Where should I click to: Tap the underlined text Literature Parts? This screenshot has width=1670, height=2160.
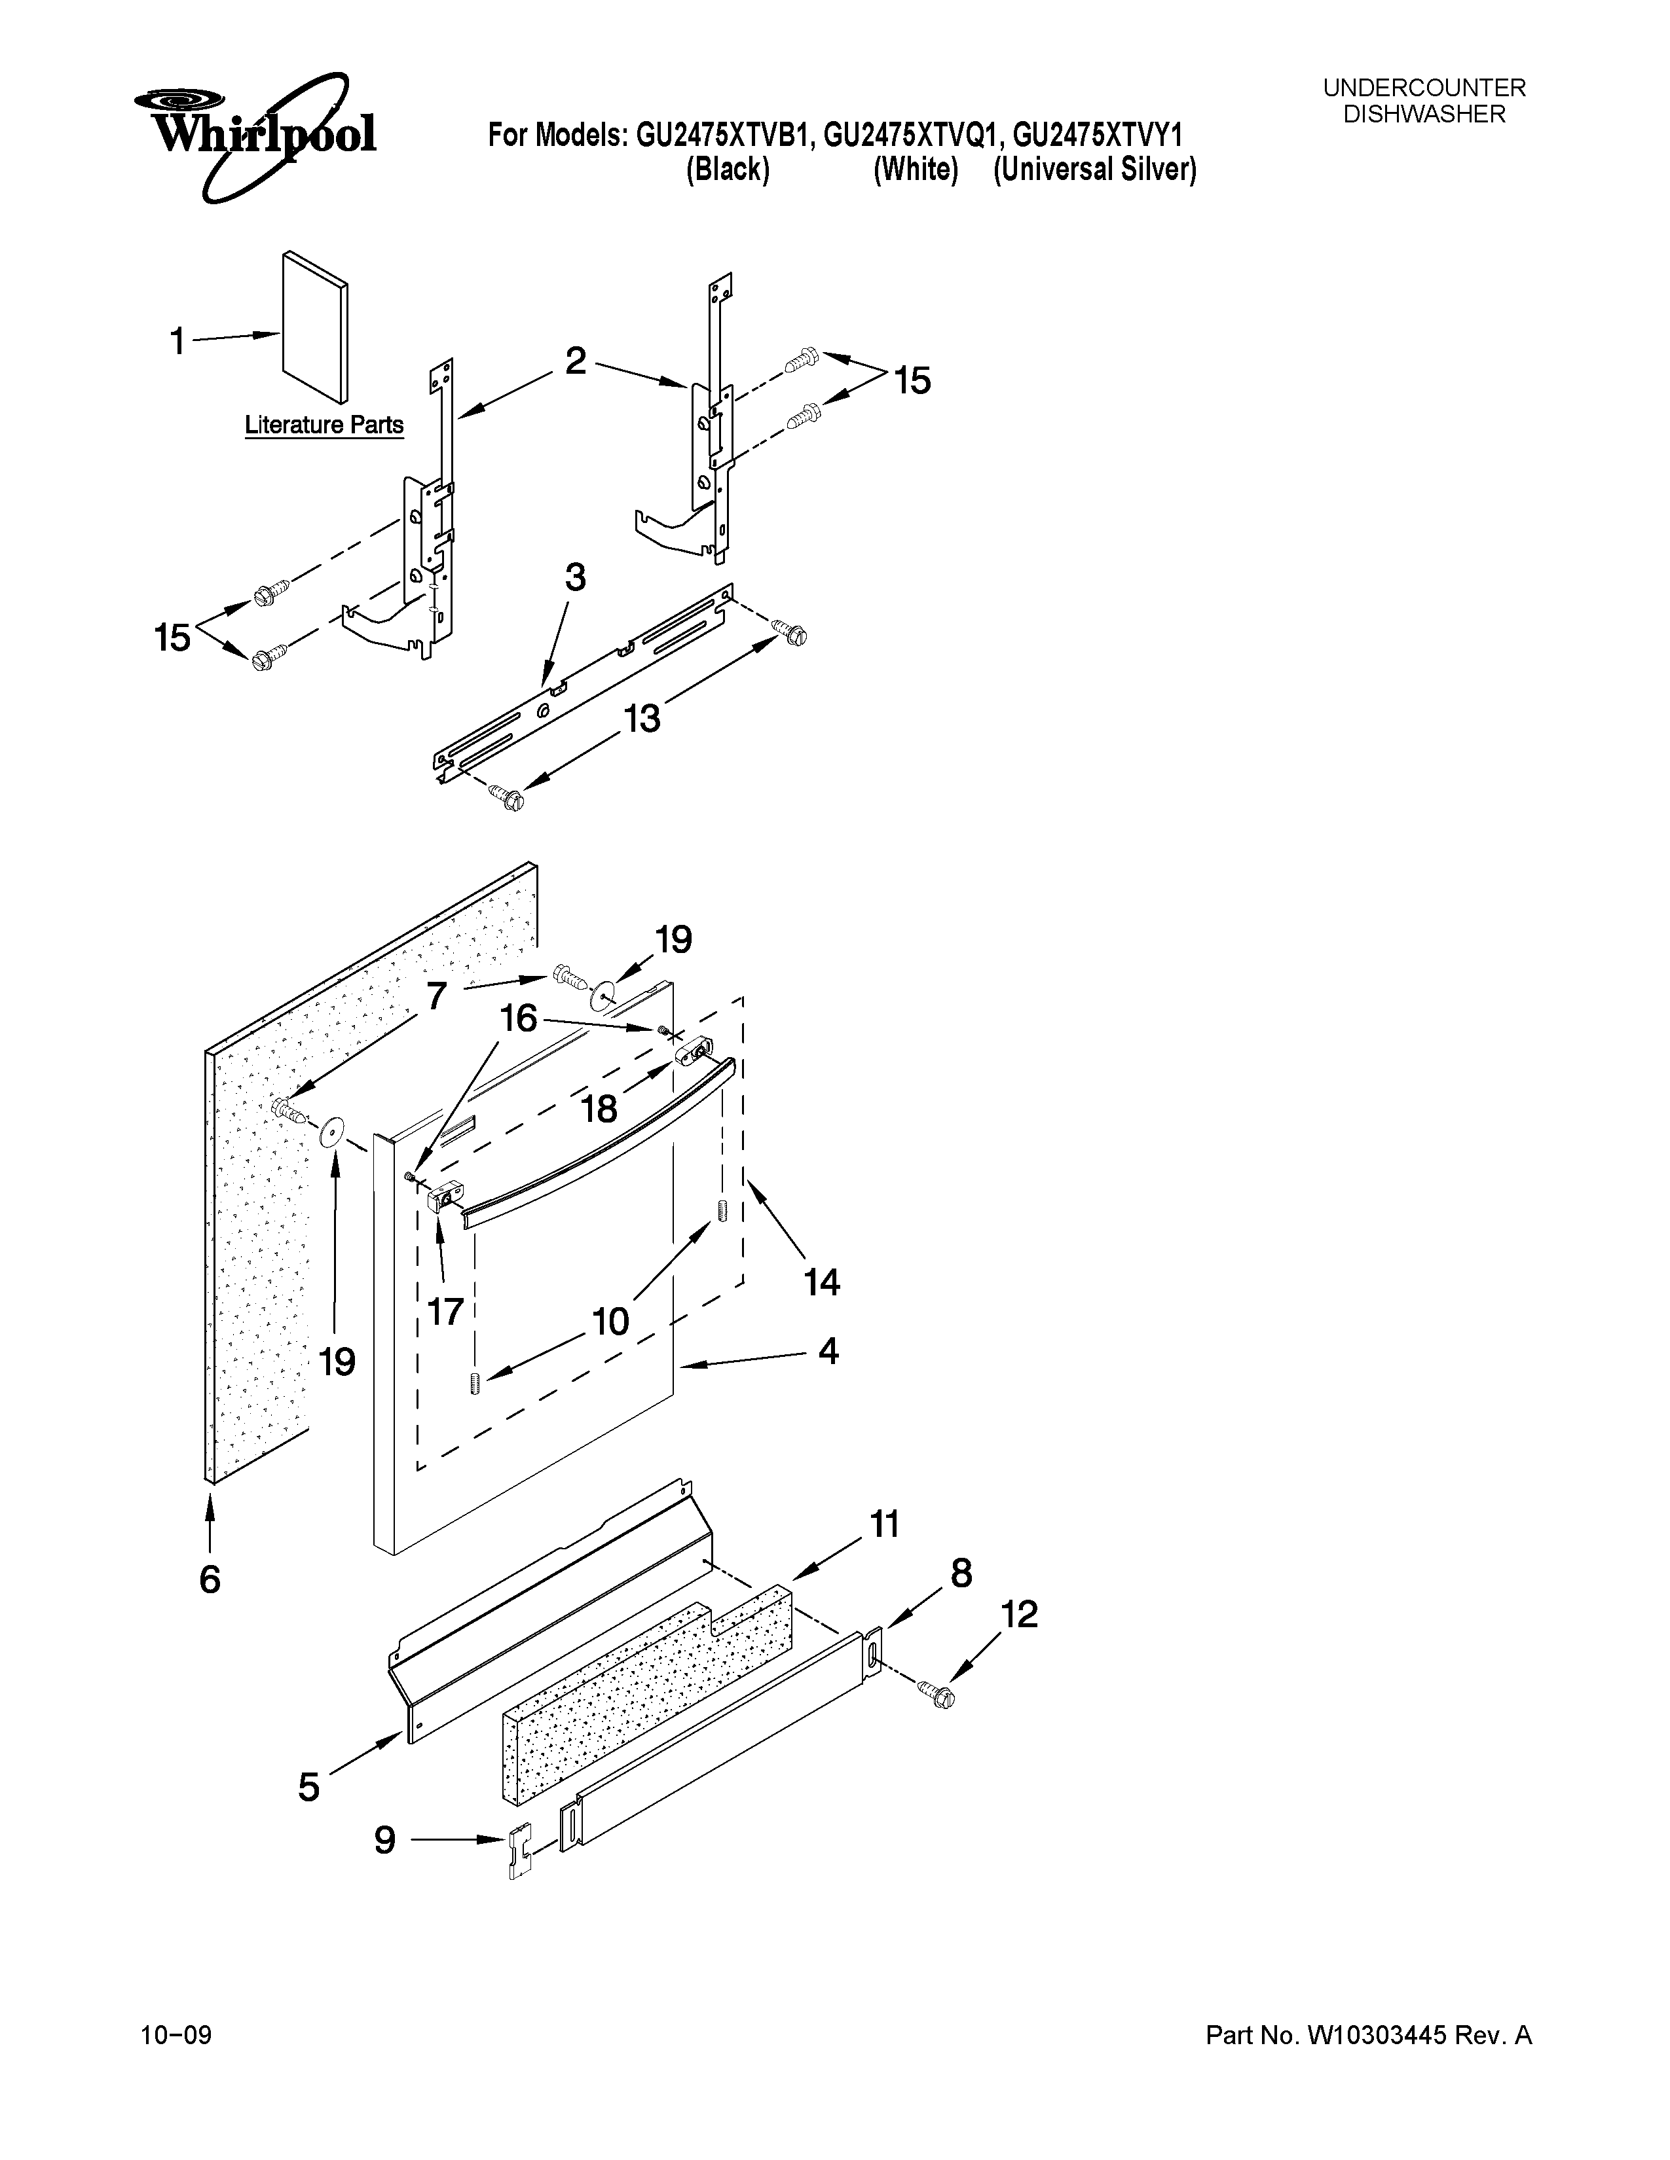click(x=324, y=425)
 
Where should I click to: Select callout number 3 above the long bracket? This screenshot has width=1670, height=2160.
click(x=575, y=577)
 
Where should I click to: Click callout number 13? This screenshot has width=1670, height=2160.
click(x=641, y=719)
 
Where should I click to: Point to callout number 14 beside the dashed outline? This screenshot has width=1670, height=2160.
click(x=821, y=1283)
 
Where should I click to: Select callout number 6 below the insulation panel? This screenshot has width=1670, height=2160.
click(x=210, y=1581)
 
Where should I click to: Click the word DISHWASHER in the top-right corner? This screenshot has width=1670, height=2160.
click(x=1424, y=115)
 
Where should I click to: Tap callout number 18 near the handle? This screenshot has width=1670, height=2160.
click(x=599, y=1109)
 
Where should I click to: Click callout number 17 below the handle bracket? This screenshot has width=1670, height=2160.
click(x=445, y=1312)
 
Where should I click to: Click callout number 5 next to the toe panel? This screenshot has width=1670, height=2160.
click(x=308, y=1787)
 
